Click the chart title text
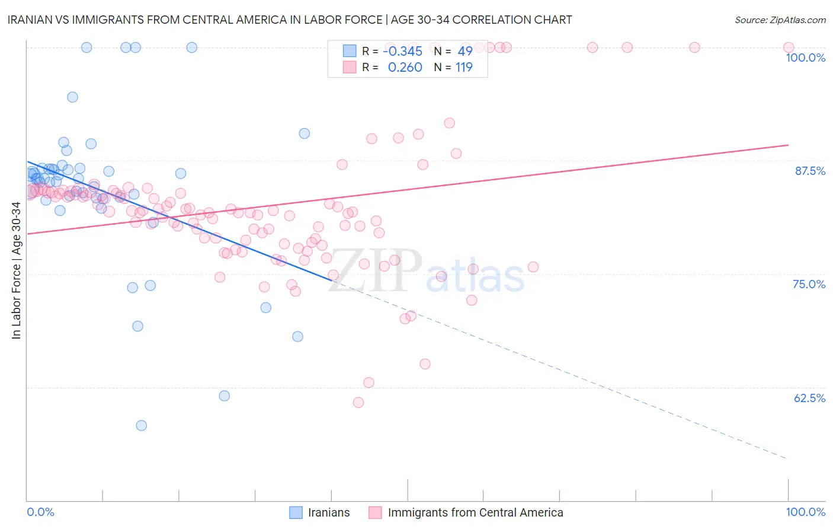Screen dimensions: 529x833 click(x=290, y=20)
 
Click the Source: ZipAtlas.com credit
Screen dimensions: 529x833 click(x=780, y=20)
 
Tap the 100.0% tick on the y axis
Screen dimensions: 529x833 click(x=805, y=58)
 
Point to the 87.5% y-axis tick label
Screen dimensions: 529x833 click(x=810, y=171)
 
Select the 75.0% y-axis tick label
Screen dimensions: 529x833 click(x=809, y=284)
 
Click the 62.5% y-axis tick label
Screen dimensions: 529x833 click(x=809, y=398)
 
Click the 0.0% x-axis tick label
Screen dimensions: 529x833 click(x=40, y=512)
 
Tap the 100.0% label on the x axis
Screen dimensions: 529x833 click(x=805, y=512)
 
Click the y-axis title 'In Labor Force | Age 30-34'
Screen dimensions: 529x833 click(x=17, y=270)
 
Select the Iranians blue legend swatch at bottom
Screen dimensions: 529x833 click(x=296, y=512)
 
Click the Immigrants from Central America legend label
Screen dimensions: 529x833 click(x=475, y=512)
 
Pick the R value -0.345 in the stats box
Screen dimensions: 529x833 click(x=403, y=51)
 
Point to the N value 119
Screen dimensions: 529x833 click(x=464, y=68)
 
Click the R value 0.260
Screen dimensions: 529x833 click(x=405, y=68)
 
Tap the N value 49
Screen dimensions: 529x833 click(x=465, y=51)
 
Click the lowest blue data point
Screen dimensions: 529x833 click(x=141, y=425)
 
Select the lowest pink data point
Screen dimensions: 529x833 click(x=358, y=403)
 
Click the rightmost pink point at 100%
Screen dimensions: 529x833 click(x=789, y=47)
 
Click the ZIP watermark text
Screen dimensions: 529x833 click(x=375, y=270)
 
